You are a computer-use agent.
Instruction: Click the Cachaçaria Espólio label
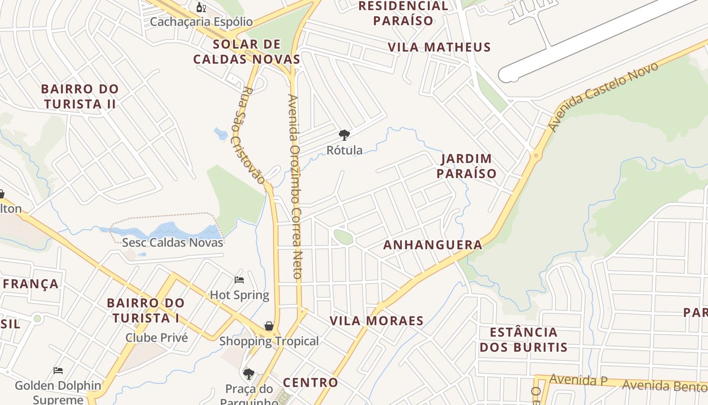click(201, 22)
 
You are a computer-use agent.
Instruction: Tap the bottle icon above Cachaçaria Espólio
click(201, 7)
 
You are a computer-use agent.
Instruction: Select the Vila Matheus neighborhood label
click(439, 47)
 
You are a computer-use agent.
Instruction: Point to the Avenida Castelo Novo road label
click(604, 96)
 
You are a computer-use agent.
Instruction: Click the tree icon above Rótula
click(344, 135)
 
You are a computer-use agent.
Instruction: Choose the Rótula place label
click(344, 150)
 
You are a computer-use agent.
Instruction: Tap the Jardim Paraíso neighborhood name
click(466, 166)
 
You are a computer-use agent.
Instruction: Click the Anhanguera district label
click(432, 245)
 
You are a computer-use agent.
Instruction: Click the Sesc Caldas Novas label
click(172, 242)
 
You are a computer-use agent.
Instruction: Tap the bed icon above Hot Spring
click(239, 280)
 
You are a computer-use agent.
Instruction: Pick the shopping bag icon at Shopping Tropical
click(269, 326)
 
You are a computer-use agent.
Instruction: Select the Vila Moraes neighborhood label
click(376, 321)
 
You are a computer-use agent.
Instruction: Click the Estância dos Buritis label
click(523, 340)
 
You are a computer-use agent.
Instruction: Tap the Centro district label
click(310, 382)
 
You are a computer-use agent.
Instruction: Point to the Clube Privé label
click(156, 337)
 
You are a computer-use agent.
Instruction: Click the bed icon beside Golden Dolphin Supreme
click(58, 371)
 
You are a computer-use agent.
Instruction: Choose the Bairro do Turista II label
click(80, 96)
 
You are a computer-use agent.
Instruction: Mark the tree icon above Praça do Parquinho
click(248, 374)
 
